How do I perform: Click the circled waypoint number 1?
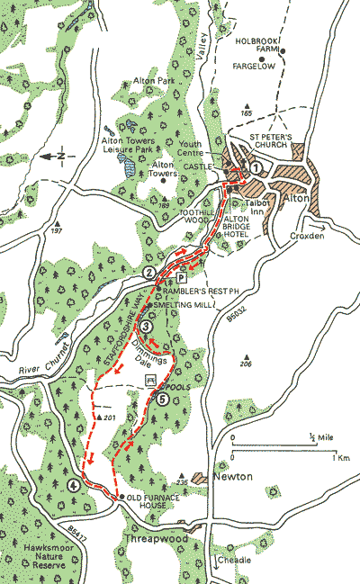(256, 166)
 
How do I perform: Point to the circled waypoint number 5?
(163, 399)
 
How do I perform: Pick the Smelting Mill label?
(186, 306)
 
